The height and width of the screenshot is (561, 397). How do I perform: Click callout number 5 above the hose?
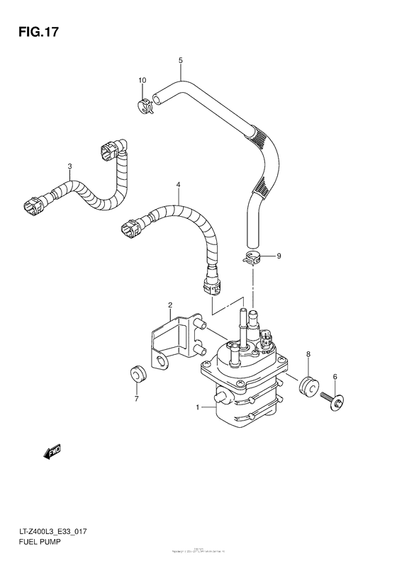(181, 61)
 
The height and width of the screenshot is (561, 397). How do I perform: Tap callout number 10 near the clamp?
(142, 81)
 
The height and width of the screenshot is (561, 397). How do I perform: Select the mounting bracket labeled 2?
(169, 340)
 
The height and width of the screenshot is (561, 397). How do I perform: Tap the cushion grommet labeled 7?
(135, 373)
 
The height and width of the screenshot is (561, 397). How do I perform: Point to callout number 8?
(308, 353)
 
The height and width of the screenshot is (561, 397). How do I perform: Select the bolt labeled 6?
(330, 399)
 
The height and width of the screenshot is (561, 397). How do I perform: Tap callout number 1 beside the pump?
(199, 407)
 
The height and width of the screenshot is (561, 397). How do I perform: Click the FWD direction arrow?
(52, 451)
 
